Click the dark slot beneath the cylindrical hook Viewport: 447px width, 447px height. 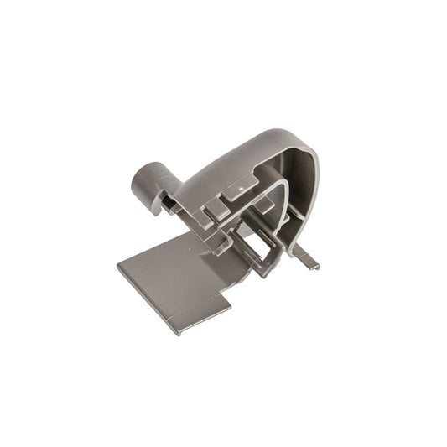click(x=164, y=202)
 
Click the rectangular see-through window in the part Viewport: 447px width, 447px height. click(x=269, y=247)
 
